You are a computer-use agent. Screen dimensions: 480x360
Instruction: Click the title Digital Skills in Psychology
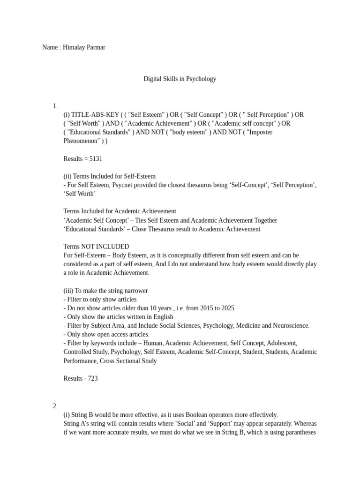(x=180, y=79)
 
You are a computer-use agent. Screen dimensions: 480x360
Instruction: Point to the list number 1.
(x=55, y=106)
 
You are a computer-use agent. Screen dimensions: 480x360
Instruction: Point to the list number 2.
(x=55, y=406)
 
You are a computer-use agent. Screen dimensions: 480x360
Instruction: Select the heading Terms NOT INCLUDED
(x=96, y=247)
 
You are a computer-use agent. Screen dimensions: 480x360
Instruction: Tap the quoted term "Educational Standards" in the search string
(x=97, y=132)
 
